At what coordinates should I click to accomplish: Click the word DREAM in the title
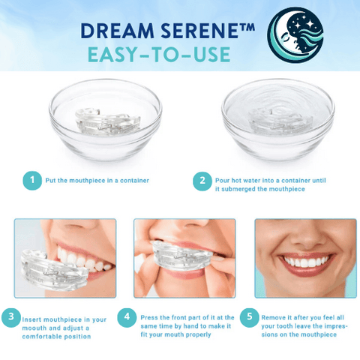[x=118, y=31]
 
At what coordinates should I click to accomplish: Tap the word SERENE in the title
[x=199, y=31]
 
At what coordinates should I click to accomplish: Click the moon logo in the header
[x=295, y=35]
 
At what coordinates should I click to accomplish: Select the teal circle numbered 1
[x=32, y=181]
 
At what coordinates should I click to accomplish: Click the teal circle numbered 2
[x=202, y=181]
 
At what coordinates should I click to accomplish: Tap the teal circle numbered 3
[x=11, y=317]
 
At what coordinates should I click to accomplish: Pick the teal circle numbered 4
[x=127, y=317]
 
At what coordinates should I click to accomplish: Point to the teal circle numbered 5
[x=250, y=317]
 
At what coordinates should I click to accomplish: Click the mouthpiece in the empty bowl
[x=108, y=121]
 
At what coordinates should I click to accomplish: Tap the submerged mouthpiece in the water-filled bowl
[x=280, y=121]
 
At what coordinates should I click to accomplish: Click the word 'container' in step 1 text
[x=134, y=181]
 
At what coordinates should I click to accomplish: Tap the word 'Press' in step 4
[x=149, y=317]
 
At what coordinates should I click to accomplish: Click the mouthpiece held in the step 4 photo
[x=181, y=256]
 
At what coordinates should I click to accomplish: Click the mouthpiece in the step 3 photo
[x=53, y=271]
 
